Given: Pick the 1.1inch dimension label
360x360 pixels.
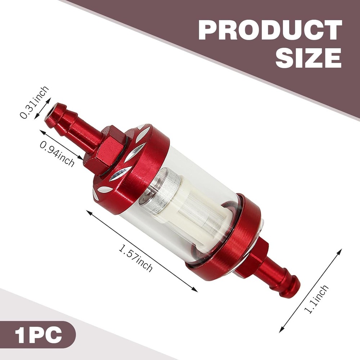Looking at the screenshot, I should pyautogui.click(x=317, y=299).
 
